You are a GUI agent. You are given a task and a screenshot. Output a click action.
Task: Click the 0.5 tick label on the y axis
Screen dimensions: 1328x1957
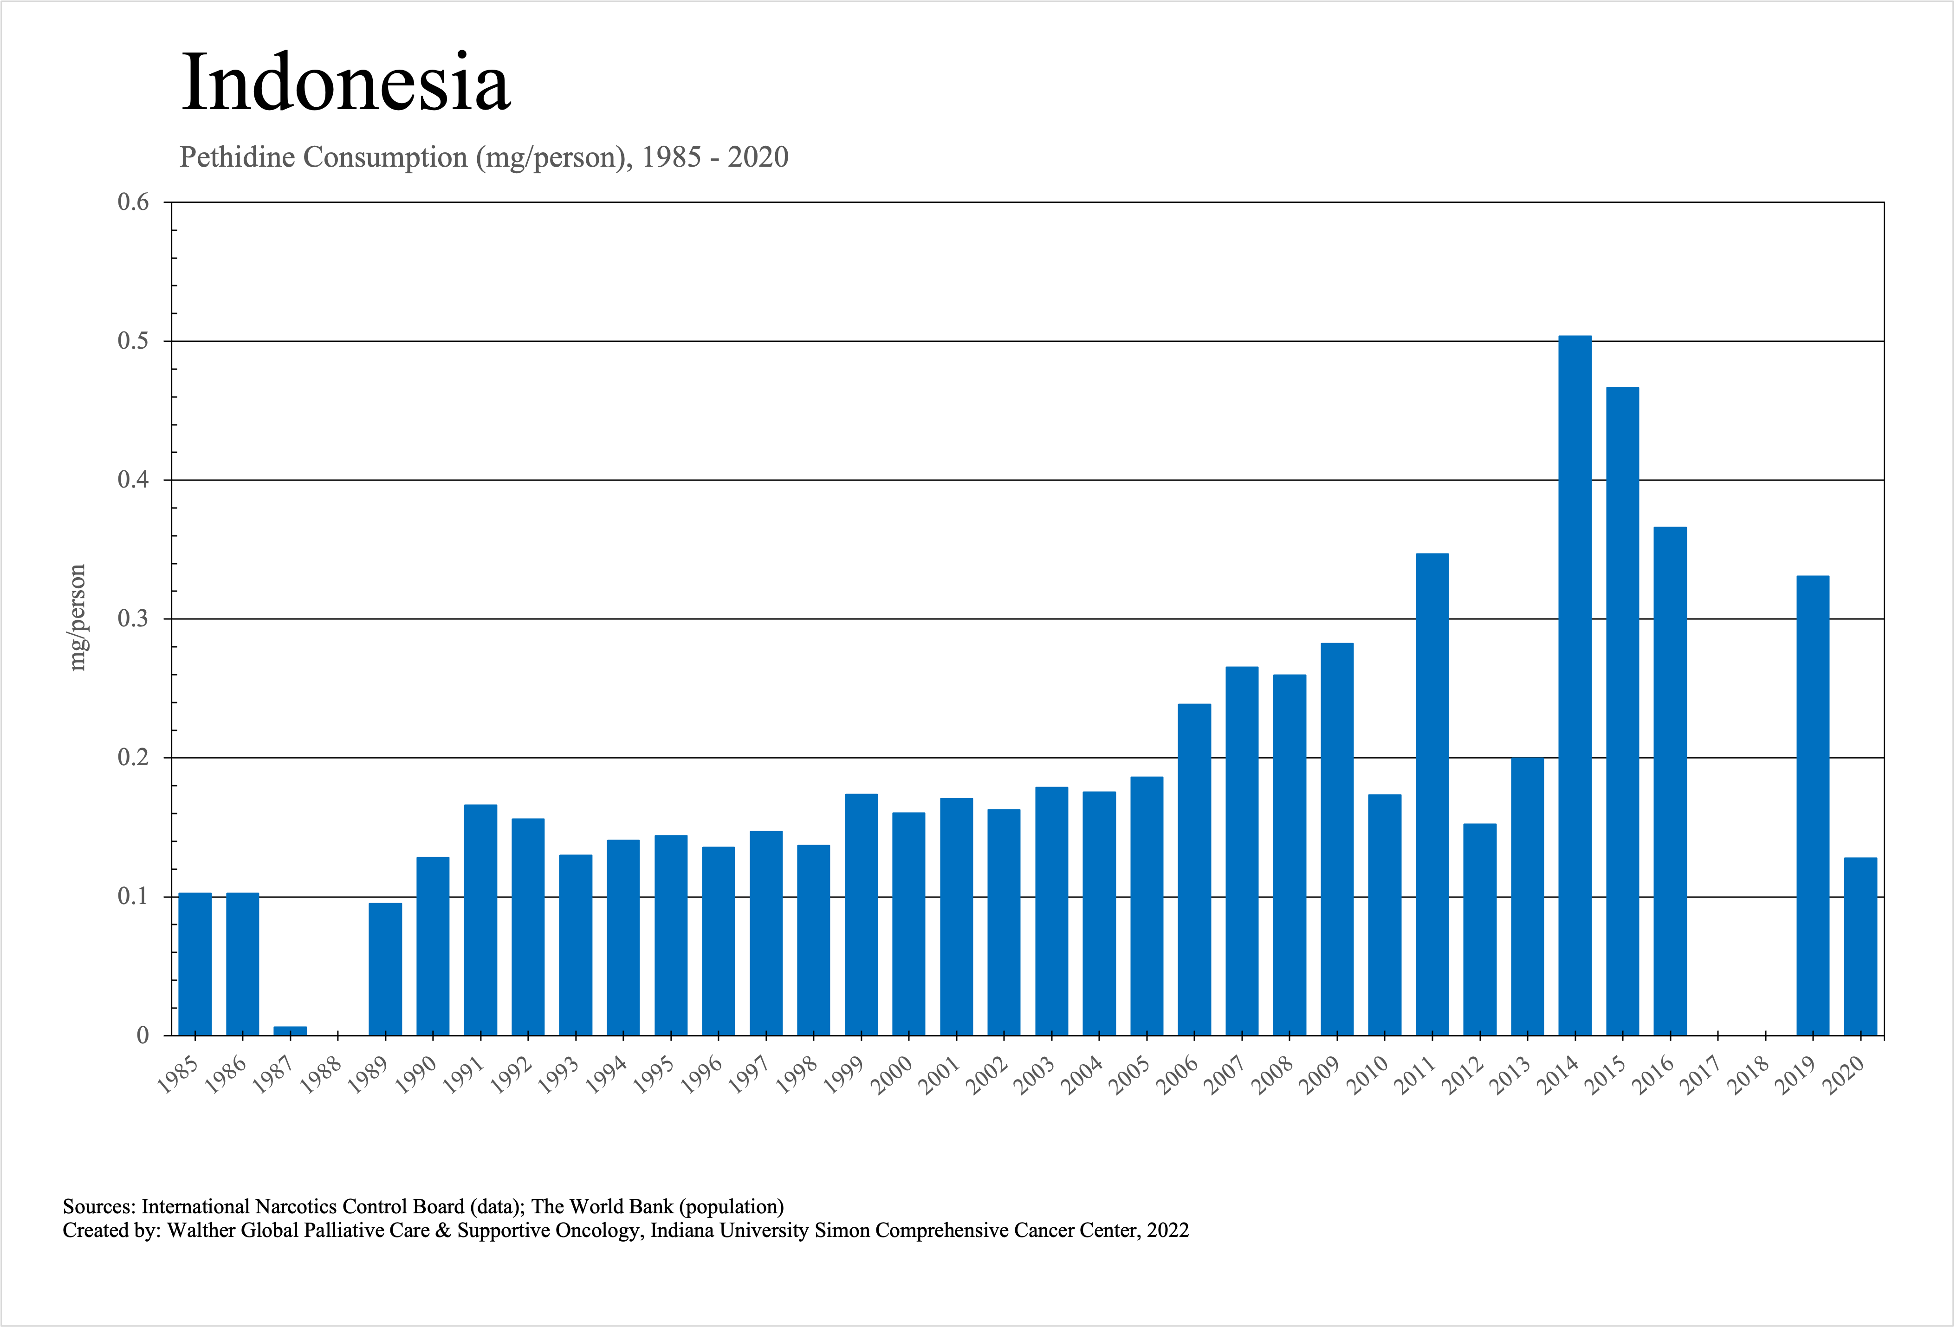133,341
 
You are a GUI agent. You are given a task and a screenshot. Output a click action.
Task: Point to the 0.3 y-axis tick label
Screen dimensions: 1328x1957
133,619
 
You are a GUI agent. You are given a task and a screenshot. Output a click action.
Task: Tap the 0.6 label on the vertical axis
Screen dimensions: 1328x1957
133,202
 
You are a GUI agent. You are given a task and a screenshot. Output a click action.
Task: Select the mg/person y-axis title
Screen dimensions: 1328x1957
78,617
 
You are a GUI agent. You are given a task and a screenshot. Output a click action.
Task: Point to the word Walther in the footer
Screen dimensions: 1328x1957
201,1231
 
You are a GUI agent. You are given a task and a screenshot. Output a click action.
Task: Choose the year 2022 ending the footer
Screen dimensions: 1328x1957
1168,1231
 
